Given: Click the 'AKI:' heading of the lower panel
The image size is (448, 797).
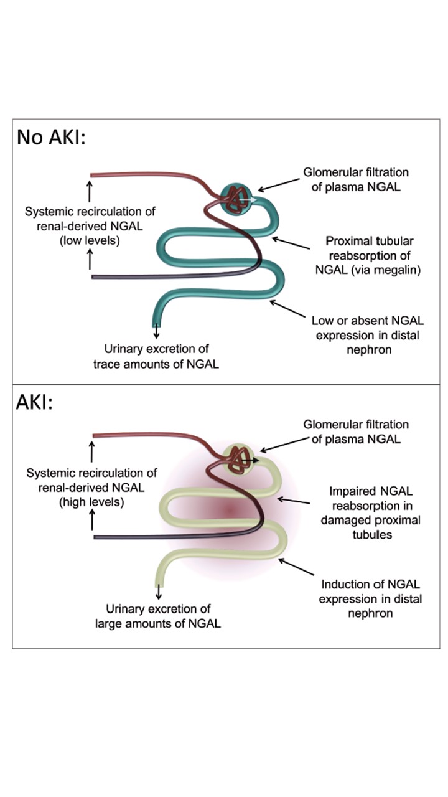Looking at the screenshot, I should coord(35,402).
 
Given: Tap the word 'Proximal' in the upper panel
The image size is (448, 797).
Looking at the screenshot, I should coord(347,241).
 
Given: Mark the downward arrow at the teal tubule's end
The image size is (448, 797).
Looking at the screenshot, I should coord(156,332).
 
